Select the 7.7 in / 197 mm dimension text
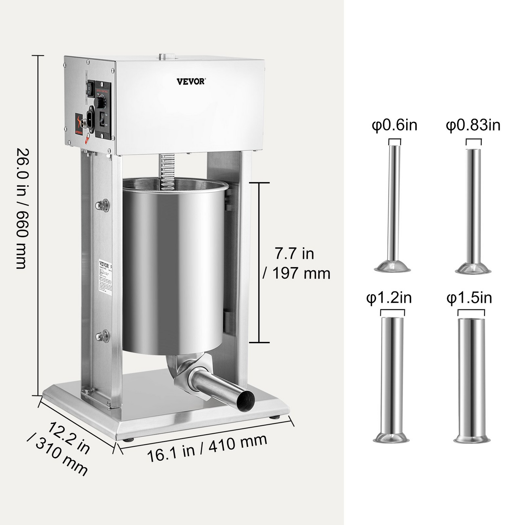coord(296,263)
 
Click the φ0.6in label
coord(394,125)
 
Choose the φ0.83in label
coord(473,125)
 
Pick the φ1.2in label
coord(389,298)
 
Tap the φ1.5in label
coord(469,298)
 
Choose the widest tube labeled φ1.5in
coord(471,378)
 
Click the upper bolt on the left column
coord(102,205)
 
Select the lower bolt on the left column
coord(102,336)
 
